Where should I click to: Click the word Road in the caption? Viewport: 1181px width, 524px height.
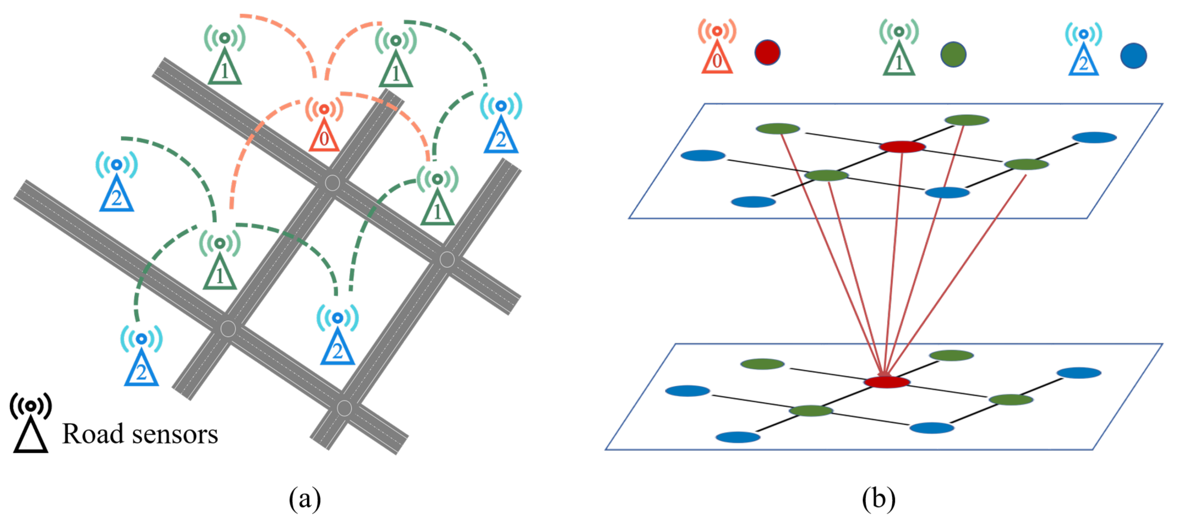click(92, 434)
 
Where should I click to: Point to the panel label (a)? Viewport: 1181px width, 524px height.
click(305, 498)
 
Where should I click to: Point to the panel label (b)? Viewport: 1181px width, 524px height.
click(878, 498)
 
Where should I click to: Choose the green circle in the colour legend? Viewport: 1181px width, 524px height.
click(953, 55)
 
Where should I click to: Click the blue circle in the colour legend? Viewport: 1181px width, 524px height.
click(1133, 56)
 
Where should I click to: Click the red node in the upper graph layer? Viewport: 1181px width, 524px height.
click(902, 147)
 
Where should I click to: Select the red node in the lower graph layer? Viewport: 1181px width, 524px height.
click(887, 382)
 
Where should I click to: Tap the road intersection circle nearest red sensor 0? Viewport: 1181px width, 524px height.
click(332, 183)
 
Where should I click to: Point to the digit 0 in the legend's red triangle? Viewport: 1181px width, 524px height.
click(717, 61)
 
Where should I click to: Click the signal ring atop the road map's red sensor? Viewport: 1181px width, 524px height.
click(324, 109)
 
